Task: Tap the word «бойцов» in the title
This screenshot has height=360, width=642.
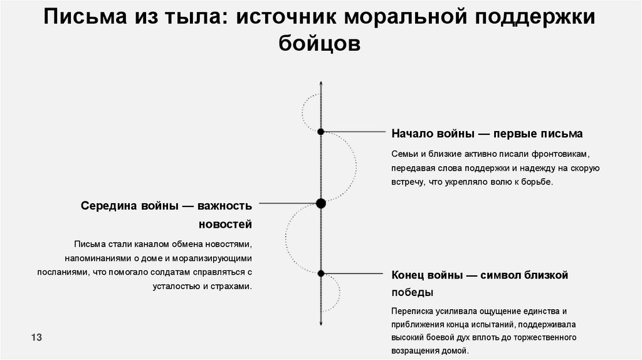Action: pyautogui.click(x=320, y=45)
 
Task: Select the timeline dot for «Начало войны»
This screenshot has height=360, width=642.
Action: pyautogui.click(x=320, y=132)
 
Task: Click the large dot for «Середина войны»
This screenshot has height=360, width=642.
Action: pyautogui.click(x=321, y=203)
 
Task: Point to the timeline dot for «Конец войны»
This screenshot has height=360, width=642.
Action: pyautogui.click(x=320, y=273)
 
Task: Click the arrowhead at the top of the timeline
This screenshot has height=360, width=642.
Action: pyautogui.click(x=320, y=84)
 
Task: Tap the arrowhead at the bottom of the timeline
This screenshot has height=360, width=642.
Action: pyautogui.click(x=320, y=322)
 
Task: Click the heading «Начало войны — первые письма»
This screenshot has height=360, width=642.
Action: pyautogui.click(x=487, y=134)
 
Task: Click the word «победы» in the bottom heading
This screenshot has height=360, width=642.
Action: pyautogui.click(x=412, y=293)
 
